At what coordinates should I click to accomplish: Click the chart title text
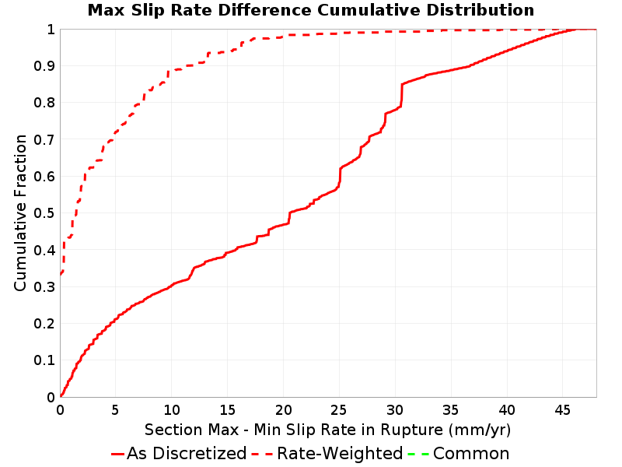pyautogui.click(x=310, y=10)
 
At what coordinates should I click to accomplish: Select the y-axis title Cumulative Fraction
pyautogui.click(x=20, y=212)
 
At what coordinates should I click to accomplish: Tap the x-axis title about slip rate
pyautogui.click(x=327, y=430)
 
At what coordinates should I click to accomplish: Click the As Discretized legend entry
pyautogui.click(x=179, y=454)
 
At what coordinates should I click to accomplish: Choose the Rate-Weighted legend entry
pyautogui.click(x=327, y=454)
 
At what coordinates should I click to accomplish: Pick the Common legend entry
pyautogui.click(x=459, y=454)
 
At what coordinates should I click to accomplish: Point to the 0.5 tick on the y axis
pyautogui.click(x=44, y=213)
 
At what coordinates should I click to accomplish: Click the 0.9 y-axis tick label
pyautogui.click(x=44, y=66)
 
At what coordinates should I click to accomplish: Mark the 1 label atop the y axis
pyautogui.click(x=51, y=30)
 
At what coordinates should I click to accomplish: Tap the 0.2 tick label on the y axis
pyautogui.click(x=44, y=324)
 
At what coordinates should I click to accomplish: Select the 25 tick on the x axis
pyautogui.click(x=339, y=410)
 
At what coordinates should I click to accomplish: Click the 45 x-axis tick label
pyautogui.click(x=562, y=410)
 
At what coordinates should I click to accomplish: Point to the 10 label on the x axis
pyautogui.click(x=172, y=410)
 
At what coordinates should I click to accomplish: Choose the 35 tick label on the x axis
pyautogui.click(x=451, y=410)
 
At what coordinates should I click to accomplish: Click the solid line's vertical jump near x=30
pyautogui.click(x=401, y=95)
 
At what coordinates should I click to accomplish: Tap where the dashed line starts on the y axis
pyautogui.click(x=61, y=274)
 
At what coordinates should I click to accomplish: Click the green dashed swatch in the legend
pyautogui.click(x=419, y=454)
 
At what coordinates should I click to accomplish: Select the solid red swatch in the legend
pyautogui.click(x=118, y=454)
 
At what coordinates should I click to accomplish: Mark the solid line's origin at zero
pyautogui.click(x=61, y=396)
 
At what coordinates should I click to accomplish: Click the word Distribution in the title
pyautogui.click(x=480, y=10)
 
